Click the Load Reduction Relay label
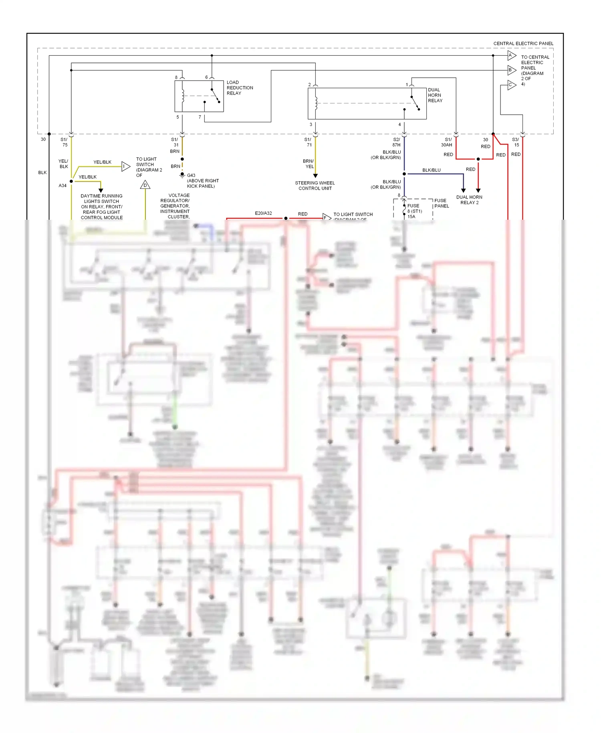[240, 88]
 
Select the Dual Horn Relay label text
[435, 95]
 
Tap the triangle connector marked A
[511, 55]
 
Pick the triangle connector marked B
[511, 70]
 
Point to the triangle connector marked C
[511, 85]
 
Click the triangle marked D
[145, 185]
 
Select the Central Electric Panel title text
[523, 43]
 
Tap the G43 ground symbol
[182, 175]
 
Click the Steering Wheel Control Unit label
[315, 186]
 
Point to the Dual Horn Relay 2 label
[469, 200]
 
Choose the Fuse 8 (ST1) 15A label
[414, 211]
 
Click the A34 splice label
[63, 186]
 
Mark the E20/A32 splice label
[263, 213]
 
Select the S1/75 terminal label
[64, 142]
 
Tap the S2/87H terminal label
[396, 142]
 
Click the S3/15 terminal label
[516, 142]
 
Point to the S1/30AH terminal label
[447, 142]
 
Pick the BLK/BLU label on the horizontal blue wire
[431, 170]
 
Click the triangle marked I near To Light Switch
[125, 166]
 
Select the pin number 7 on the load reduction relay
[200, 117]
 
